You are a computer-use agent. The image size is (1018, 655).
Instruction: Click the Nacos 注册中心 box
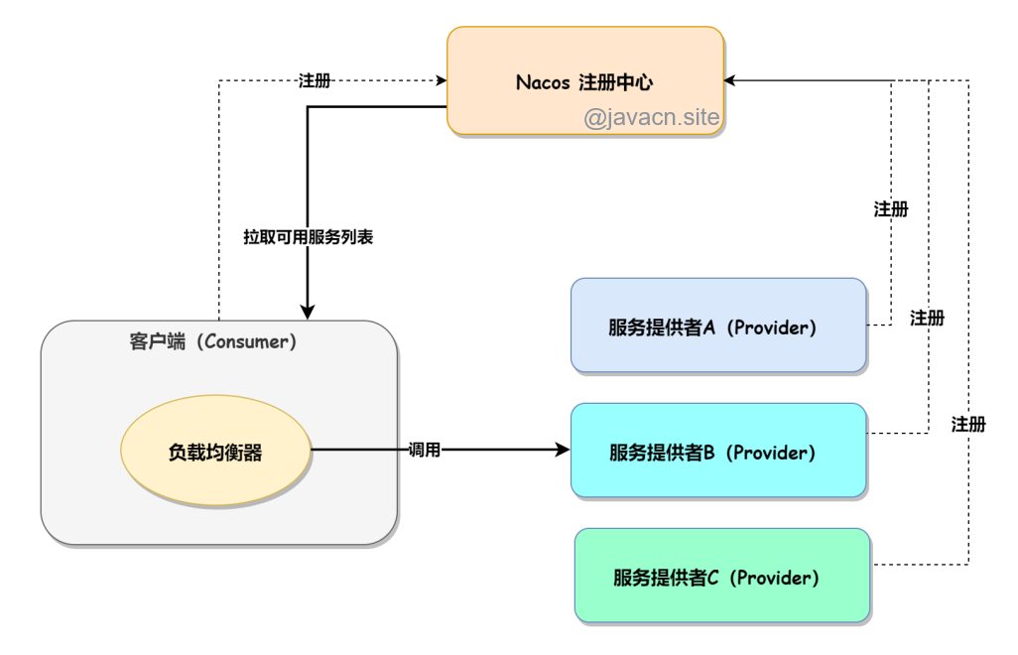[585, 60]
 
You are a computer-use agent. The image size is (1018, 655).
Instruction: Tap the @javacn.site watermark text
[651, 119]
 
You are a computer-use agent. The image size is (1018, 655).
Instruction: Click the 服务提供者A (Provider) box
[718, 326]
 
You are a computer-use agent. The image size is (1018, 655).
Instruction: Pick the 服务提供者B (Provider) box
[718, 451]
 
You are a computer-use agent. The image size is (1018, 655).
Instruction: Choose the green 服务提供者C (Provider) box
[722, 576]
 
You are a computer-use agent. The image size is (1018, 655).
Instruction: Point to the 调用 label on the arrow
[424, 451]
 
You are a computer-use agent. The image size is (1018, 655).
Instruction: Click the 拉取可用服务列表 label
[308, 238]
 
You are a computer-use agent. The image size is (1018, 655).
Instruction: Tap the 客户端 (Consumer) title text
[212, 342]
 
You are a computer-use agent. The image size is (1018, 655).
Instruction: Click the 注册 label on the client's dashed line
[315, 80]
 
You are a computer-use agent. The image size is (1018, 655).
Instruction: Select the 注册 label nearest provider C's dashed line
[968, 424]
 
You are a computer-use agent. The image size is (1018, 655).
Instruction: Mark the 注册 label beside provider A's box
[891, 209]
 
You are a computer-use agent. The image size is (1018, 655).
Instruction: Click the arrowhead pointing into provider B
[565, 451]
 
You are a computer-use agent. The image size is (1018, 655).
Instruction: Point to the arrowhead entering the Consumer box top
[309, 313]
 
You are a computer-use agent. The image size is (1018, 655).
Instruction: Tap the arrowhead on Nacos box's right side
[732, 80]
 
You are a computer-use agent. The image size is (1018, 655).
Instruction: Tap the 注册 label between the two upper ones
[928, 319]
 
